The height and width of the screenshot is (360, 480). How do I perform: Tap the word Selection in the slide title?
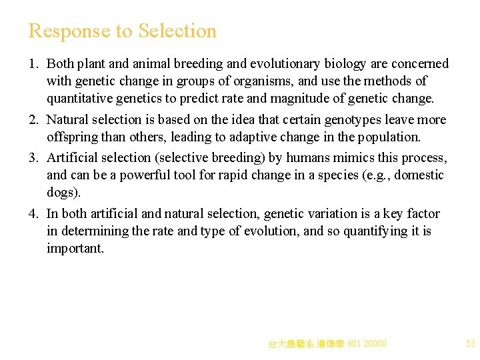click(x=177, y=31)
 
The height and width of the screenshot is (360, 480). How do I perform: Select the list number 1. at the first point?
click(x=34, y=64)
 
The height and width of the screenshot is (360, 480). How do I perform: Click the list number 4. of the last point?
click(x=34, y=214)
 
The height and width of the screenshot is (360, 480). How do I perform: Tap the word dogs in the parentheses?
click(x=61, y=193)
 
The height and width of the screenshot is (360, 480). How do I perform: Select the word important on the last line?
click(x=75, y=249)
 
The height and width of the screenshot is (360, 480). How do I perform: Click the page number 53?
click(x=471, y=344)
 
